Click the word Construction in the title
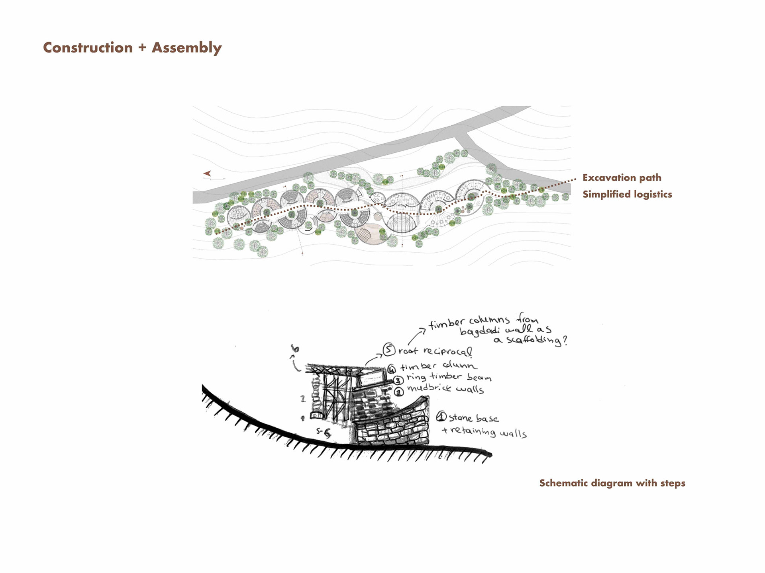click(88, 47)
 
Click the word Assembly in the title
click(186, 48)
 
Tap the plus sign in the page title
click(142, 48)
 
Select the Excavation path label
click(622, 177)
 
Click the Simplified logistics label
click(627, 194)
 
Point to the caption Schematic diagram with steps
click(612, 483)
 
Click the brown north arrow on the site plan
click(207, 173)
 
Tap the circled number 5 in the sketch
click(389, 349)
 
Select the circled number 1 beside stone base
click(441, 417)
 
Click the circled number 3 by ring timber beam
click(399, 380)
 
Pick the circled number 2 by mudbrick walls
click(399, 392)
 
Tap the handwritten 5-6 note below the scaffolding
click(323, 432)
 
